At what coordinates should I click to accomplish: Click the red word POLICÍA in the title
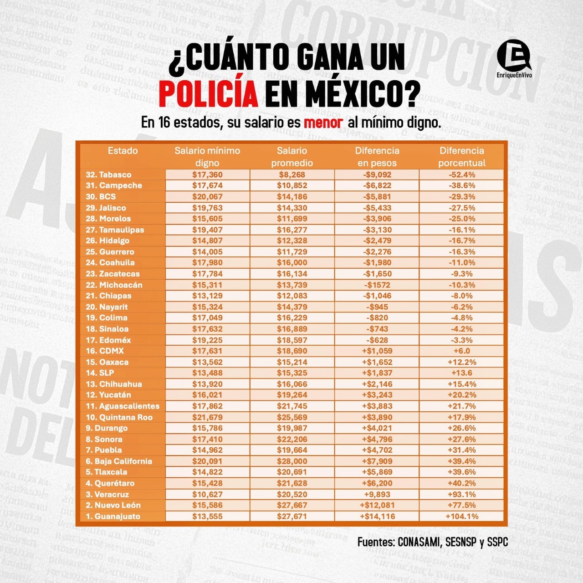(208, 93)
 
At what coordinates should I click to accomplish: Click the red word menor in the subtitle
(323, 123)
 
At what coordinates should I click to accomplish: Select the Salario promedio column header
(292, 157)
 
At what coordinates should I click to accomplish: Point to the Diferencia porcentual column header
(461, 157)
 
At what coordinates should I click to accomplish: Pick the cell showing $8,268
(292, 174)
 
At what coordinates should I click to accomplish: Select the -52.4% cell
(461, 174)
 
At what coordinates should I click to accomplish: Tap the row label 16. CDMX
(105, 351)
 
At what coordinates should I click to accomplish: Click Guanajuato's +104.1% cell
(461, 516)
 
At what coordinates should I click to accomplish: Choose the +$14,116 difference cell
(377, 516)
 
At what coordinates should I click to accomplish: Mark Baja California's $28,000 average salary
(292, 461)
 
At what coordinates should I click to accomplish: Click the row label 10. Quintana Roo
(119, 417)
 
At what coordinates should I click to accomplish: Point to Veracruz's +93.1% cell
(461, 494)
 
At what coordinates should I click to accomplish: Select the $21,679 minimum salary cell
(207, 417)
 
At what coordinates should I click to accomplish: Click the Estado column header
(123, 151)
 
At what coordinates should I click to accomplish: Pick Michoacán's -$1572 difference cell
(377, 285)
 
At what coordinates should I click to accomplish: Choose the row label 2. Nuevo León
(113, 505)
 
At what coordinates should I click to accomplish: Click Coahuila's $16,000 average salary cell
(292, 262)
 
